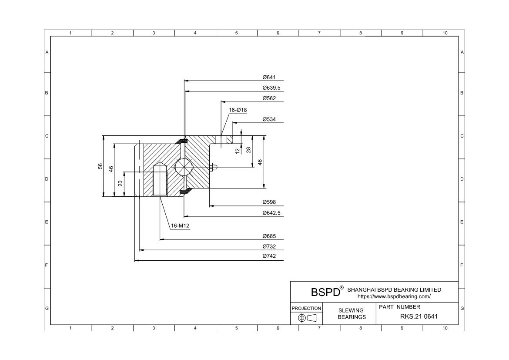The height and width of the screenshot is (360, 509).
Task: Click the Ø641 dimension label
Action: point(269,77)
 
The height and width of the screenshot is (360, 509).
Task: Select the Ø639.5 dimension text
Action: point(271,88)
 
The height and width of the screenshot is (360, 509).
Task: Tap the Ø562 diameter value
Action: point(269,98)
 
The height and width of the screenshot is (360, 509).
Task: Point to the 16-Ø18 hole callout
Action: point(238,110)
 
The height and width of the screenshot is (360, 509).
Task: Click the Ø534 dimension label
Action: point(269,119)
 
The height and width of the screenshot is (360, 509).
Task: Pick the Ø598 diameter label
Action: point(269,202)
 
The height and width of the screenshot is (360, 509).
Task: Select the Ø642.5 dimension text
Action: point(271,213)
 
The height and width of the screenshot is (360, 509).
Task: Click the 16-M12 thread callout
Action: point(180,225)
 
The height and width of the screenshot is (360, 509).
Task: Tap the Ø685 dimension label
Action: point(269,236)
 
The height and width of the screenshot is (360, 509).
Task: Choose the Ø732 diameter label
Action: point(269,247)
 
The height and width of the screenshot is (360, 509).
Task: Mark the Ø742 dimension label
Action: point(269,256)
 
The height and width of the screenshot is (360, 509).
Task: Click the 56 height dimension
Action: point(100,166)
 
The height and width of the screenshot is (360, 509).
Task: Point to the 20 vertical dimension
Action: point(121,184)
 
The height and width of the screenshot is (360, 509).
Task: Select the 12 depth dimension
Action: point(238,151)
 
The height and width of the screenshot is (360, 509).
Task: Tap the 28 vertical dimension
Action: point(248,149)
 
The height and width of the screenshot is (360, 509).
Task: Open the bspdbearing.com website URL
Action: point(394,296)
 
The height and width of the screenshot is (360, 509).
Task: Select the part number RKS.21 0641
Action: point(419,316)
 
